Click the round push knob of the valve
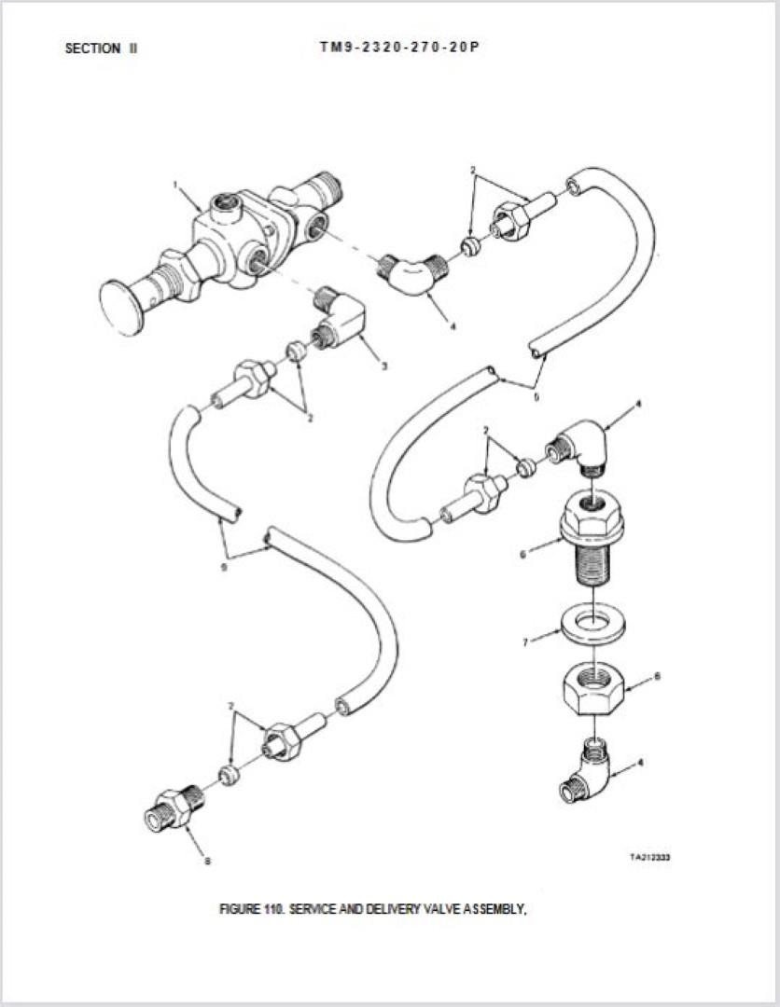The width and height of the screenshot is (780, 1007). (x=121, y=309)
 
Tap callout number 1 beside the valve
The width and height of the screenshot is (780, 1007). (x=174, y=185)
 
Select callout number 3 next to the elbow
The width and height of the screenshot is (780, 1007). (x=384, y=366)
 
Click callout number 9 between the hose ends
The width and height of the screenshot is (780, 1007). (x=224, y=567)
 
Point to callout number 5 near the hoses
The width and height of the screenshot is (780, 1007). (x=536, y=397)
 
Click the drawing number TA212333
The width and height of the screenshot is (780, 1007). (x=650, y=857)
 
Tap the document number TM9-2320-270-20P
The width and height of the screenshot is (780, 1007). (x=399, y=47)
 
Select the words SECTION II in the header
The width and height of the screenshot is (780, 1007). (x=101, y=48)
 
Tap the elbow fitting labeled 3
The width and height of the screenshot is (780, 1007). (x=339, y=319)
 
